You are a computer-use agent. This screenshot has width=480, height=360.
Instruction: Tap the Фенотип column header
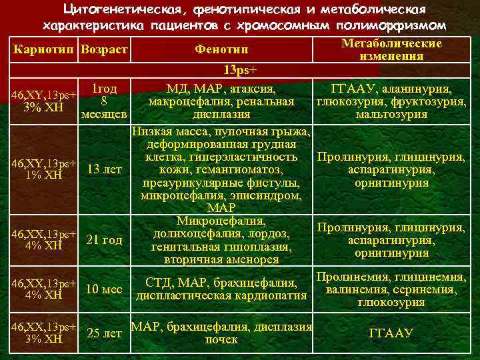click(221, 51)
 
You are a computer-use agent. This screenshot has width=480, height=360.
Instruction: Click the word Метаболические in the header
click(391, 43)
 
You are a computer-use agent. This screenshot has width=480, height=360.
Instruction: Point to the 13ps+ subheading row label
click(241, 70)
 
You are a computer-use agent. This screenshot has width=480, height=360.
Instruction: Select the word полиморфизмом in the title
click(382, 25)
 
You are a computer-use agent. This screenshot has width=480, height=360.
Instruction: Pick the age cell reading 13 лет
click(105, 170)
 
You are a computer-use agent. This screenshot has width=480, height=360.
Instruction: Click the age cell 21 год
click(105, 240)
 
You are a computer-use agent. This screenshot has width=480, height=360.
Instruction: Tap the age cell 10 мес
click(105, 289)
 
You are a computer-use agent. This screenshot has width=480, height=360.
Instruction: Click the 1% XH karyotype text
click(44, 175)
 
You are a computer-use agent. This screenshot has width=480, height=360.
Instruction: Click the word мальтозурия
click(391, 115)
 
